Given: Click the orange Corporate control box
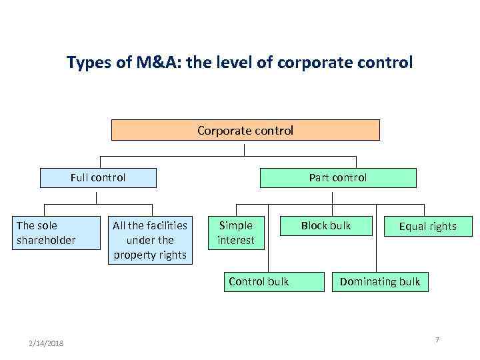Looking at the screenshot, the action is [245, 130].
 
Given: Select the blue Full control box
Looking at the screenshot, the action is [98, 178].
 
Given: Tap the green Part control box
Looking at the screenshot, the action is [337, 178].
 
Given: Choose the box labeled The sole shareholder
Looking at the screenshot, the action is [46, 232].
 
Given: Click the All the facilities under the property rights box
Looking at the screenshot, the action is [150, 240].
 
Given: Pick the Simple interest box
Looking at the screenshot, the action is [236, 232].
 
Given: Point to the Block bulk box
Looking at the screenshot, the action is [325, 225].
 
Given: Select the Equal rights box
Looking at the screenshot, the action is [427, 226].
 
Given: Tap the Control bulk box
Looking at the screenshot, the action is [259, 281].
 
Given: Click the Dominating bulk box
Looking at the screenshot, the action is [380, 281].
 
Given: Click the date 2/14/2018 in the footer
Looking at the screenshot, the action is [47, 343].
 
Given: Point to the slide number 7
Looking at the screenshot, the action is [437, 340].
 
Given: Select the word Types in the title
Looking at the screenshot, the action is [87, 63].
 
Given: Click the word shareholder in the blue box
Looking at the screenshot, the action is [46, 239].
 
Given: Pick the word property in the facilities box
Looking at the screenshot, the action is [133, 254].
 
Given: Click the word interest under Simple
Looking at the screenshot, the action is [236, 239].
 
